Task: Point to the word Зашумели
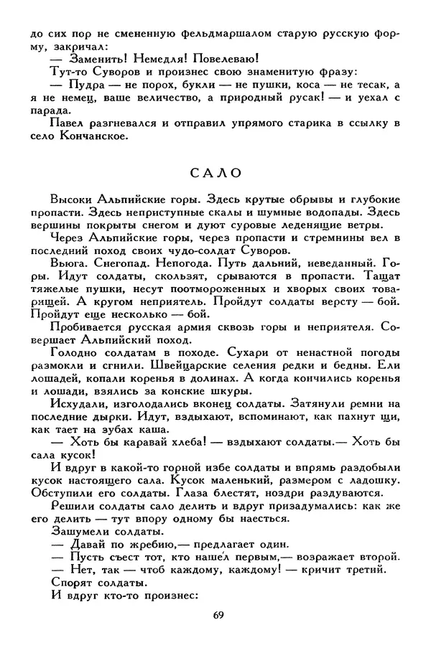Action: pyautogui.click(x=80, y=530)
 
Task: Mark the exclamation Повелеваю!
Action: pyautogui.click(x=228, y=58)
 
